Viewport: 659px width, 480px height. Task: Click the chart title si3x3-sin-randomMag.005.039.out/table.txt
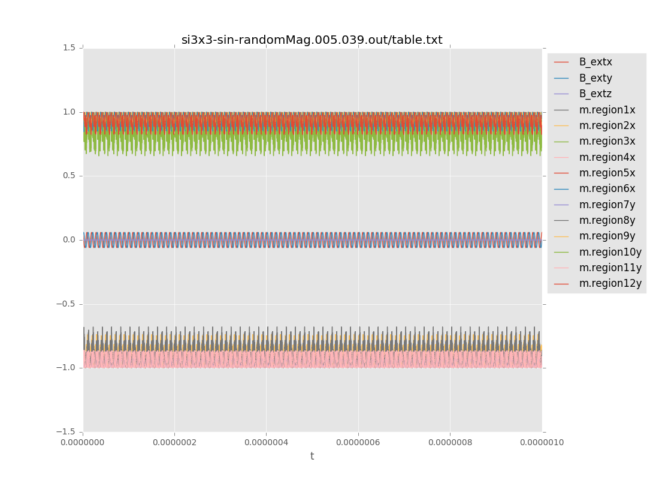point(312,40)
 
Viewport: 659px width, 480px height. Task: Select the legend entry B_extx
point(595,62)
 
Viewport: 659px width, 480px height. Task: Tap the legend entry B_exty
point(595,78)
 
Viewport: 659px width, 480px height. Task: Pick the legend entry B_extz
point(595,94)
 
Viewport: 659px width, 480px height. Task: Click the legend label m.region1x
point(607,110)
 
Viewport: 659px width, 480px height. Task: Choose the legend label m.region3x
point(607,141)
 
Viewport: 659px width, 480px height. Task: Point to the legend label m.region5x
point(607,173)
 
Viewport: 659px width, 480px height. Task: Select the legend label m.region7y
point(607,205)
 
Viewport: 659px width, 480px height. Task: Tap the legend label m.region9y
point(607,236)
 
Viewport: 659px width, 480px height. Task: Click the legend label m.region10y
point(610,252)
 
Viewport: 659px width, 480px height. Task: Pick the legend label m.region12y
point(610,283)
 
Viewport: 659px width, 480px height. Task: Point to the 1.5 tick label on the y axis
point(69,48)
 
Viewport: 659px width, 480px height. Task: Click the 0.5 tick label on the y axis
point(69,176)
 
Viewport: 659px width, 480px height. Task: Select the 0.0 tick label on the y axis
point(69,240)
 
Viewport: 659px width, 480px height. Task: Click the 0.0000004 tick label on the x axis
point(266,443)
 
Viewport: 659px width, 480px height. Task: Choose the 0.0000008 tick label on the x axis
point(450,443)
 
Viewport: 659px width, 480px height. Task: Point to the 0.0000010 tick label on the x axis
point(542,443)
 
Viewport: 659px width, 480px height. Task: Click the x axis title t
point(312,457)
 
